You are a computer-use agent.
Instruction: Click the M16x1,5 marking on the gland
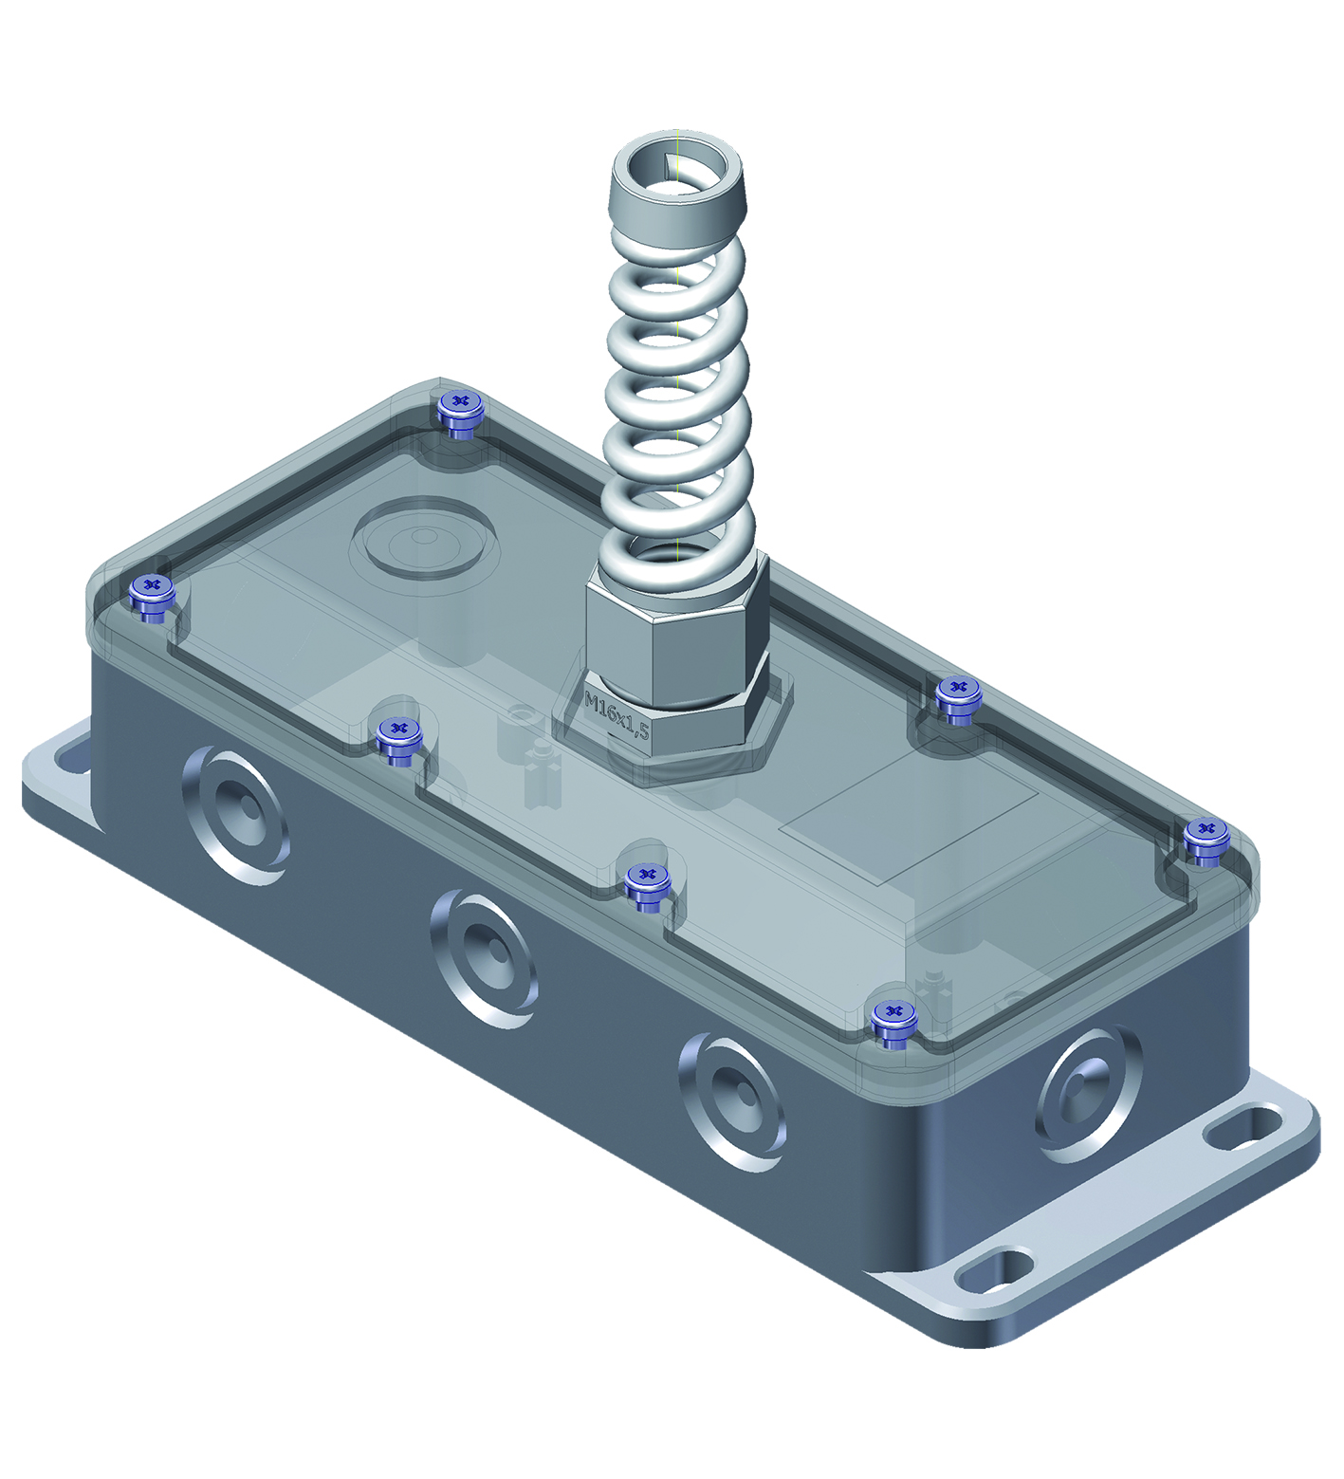617,715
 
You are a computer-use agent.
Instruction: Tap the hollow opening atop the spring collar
674,171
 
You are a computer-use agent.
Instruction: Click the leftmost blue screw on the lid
152,598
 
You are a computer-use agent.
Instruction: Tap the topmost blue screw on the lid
461,414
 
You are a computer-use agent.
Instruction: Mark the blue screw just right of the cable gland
959,699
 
